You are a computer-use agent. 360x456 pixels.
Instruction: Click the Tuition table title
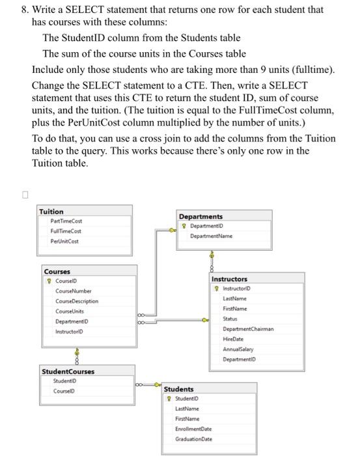51,212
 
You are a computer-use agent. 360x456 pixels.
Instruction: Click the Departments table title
201,216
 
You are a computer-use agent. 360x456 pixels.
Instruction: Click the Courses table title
57,272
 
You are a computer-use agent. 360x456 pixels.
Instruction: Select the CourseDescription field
77,302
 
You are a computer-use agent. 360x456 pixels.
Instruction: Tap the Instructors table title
229,279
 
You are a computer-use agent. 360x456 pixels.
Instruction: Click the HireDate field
232,339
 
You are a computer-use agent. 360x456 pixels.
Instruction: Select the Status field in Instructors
230,319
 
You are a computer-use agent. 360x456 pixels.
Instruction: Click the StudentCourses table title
68,371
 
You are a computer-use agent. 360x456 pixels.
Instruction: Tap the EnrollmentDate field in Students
193,429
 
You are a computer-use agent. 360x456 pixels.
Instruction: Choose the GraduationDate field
193,439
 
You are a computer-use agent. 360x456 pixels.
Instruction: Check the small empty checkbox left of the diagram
25,194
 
